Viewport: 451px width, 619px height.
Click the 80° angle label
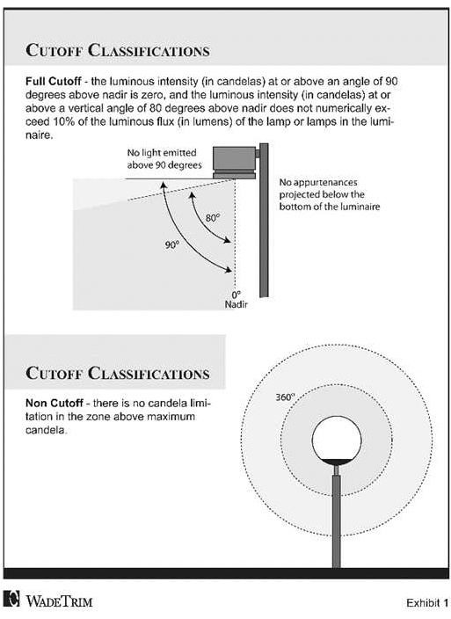[213, 217]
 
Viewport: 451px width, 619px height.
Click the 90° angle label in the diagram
[172, 244]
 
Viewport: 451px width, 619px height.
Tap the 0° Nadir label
[236, 300]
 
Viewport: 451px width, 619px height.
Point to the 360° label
[285, 397]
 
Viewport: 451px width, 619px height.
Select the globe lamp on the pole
[337, 441]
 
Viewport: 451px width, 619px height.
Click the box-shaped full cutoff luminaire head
[235, 163]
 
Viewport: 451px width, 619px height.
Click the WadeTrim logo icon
[11, 598]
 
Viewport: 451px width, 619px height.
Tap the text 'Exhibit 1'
[427, 603]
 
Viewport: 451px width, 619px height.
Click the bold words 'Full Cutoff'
[54, 81]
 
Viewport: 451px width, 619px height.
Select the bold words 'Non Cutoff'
[55, 403]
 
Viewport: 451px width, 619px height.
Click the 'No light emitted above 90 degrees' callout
[164, 158]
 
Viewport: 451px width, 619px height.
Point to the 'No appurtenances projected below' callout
[330, 194]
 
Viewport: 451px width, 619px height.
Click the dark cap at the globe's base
[337, 462]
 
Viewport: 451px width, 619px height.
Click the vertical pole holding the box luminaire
[264, 220]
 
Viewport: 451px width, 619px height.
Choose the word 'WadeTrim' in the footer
[59, 601]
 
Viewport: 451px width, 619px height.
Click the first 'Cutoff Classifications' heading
[118, 50]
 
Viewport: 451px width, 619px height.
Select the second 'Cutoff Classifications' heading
[118, 373]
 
